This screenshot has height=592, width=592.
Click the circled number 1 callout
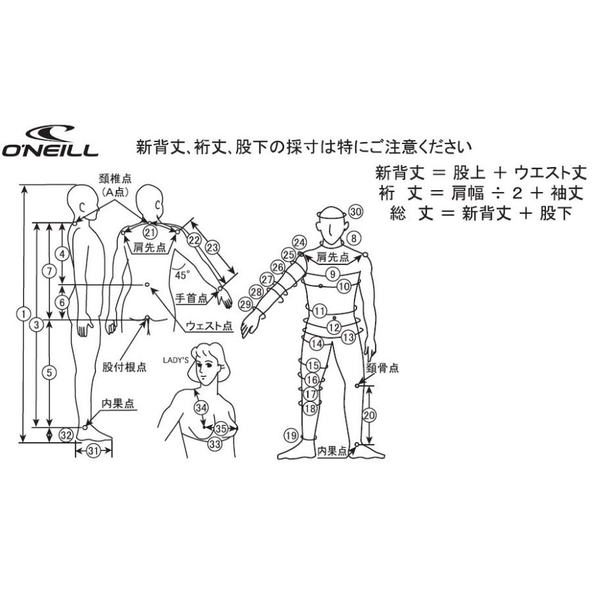click(x=24, y=314)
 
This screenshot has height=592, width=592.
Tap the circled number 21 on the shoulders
click(x=151, y=232)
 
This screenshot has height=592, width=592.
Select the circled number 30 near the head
click(x=355, y=212)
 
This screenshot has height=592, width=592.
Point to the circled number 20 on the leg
click(x=369, y=415)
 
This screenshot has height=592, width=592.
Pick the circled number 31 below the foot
click(x=93, y=451)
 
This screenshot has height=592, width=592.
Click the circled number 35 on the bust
click(x=222, y=428)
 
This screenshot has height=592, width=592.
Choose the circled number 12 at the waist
click(x=334, y=327)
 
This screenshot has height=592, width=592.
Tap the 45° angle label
click(x=182, y=275)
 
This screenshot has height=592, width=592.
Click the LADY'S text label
click(x=176, y=360)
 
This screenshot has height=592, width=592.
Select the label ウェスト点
click(x=209, y=326)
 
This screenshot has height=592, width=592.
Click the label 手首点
click(x=191, y=298)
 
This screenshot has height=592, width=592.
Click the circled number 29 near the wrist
click(x=245, y=304)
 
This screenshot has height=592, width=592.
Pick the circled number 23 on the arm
click(x=212, y=247)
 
